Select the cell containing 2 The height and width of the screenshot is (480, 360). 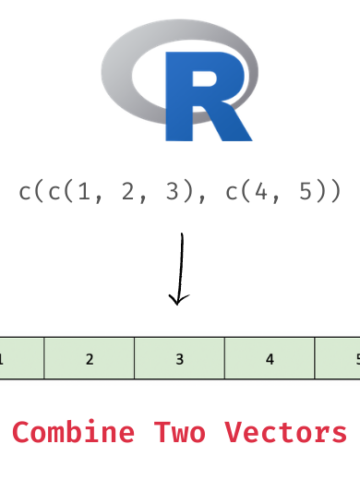point(89,358)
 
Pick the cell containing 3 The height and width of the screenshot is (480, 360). point(179,358)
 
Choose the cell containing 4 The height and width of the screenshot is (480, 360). point(269,358)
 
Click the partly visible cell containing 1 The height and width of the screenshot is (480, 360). point(20,358)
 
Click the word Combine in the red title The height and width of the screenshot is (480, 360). point(72,433)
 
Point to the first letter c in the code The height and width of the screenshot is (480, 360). point(25,191)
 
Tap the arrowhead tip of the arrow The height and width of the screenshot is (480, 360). point(178,303)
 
